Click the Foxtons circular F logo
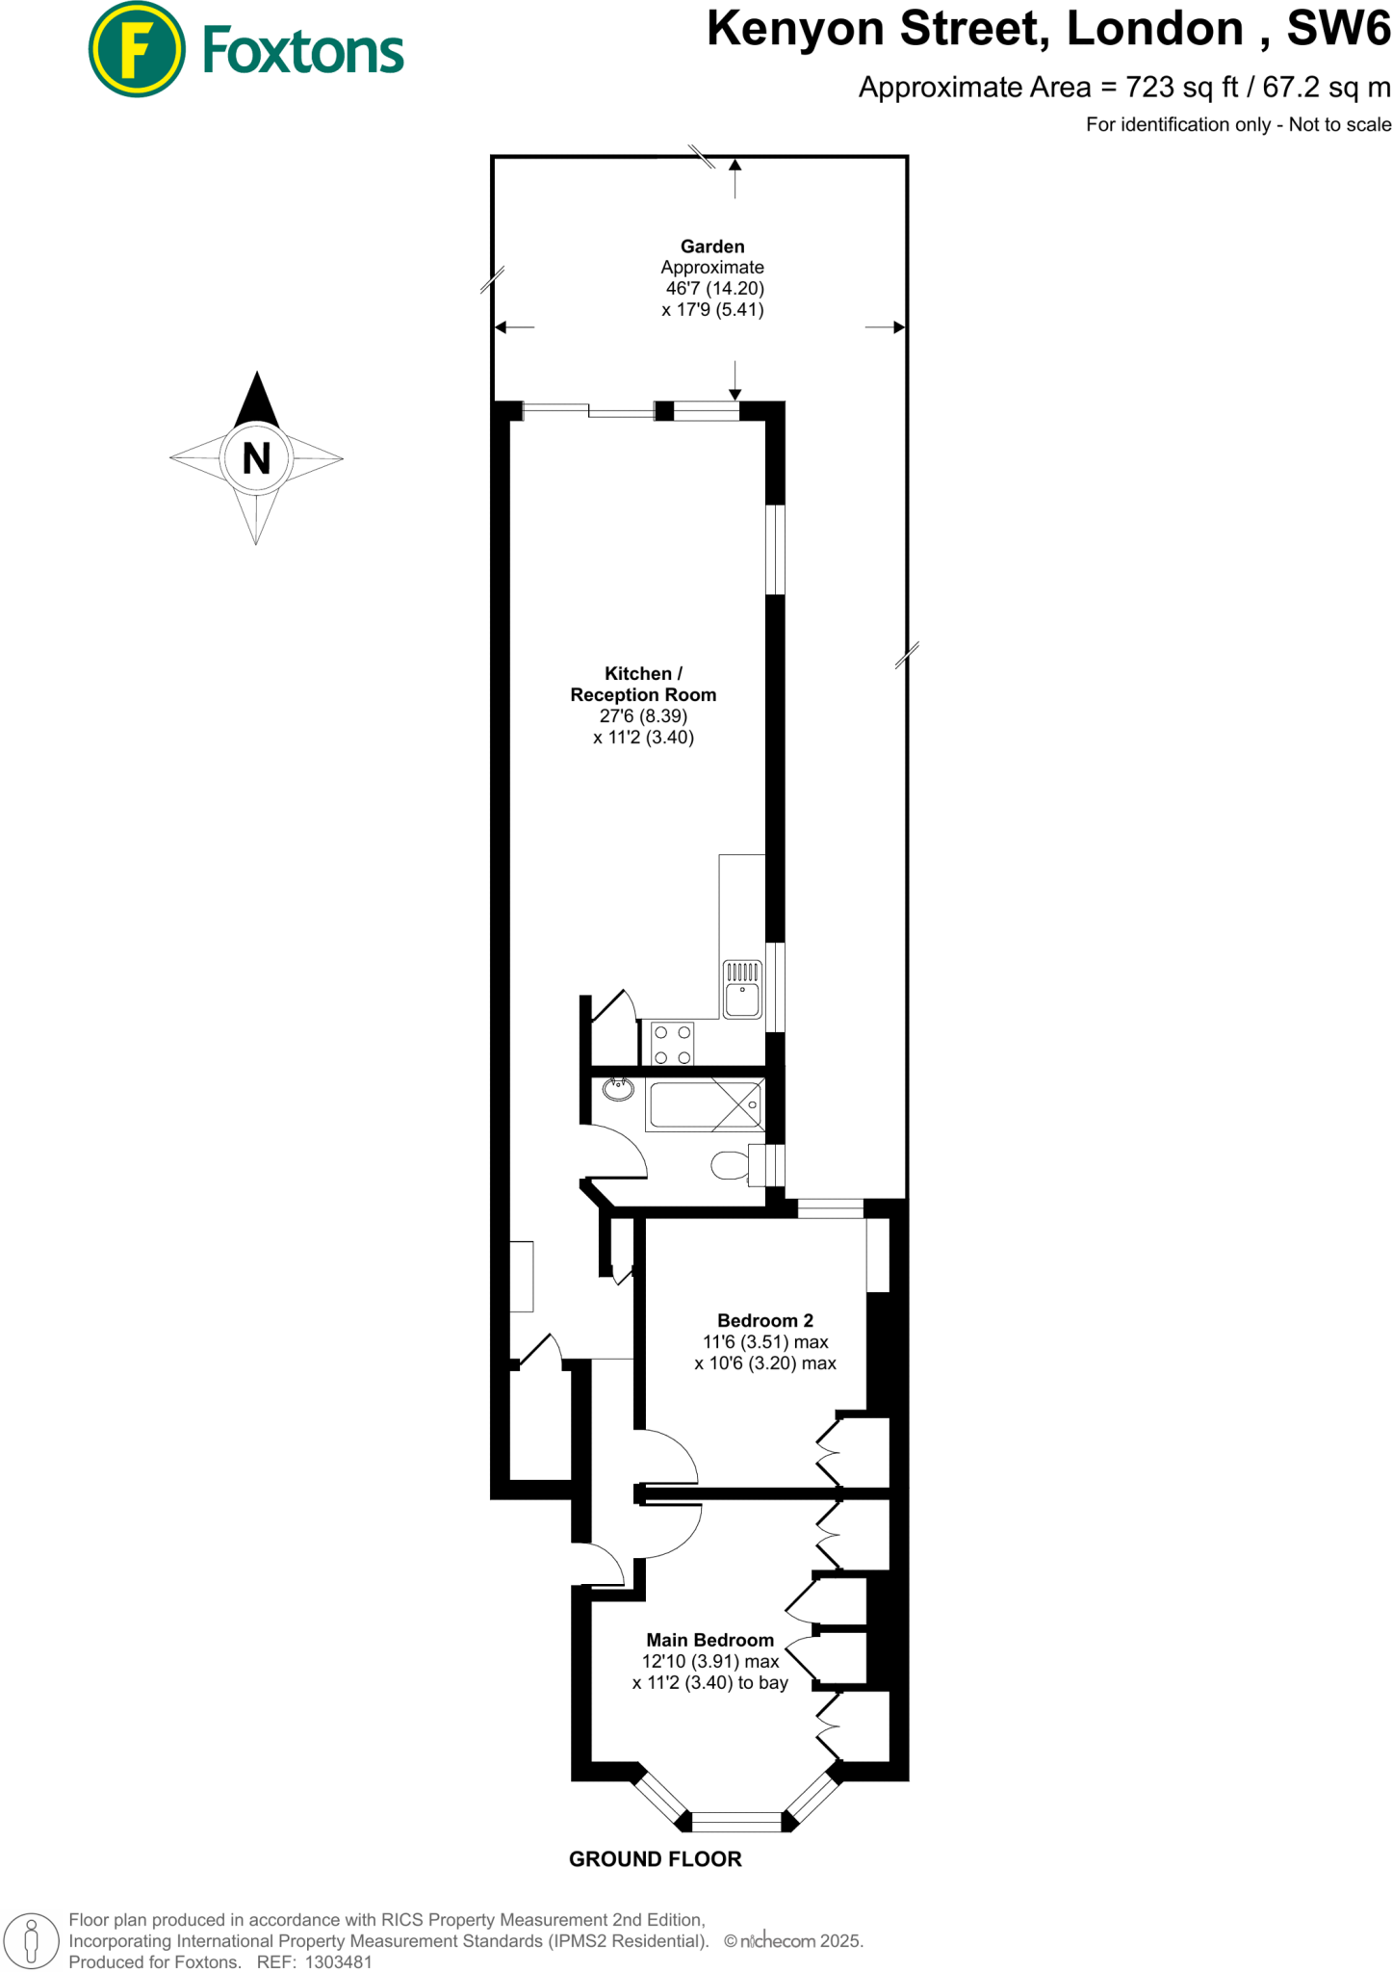[137, 49]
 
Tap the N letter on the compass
[256, 458]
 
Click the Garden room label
[712, 246]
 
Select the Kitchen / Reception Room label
[643, 684]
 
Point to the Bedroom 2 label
[765, 1320]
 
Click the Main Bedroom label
[710, 1640]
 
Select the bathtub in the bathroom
[706, 1104]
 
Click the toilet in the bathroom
[732, 1165]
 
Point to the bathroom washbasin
[618, 1089]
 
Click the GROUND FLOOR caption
[656, 1859]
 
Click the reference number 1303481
[338, 1961]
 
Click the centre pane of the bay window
[736, 1821]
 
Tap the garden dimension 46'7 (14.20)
[715, 288]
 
